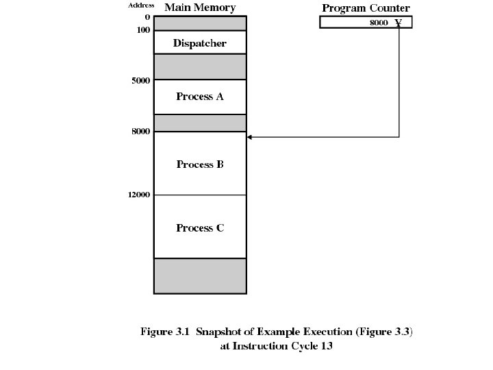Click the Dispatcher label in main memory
click(x=199, y=43)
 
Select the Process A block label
click(x=199, y=97)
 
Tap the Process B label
click(x=199, y=164)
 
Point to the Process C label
click(x=199, y=227)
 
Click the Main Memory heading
click(x=199, y=8)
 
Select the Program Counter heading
click(x=366, y=8)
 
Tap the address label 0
click(x=147, y=16)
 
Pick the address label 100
click(x=143, y=30)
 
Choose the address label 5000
click(x=140, y=80)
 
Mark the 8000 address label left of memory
click(x=140, y=131)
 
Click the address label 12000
click(x=138, y=195)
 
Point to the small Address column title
click(x=141, y=5)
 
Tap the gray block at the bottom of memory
click(x=199, y=275)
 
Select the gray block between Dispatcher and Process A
click(x=199, y=66)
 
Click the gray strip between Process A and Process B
click(x=199, y=123)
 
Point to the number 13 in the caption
click(x=326, y=346)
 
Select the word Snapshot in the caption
click(x=218, y=332)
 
